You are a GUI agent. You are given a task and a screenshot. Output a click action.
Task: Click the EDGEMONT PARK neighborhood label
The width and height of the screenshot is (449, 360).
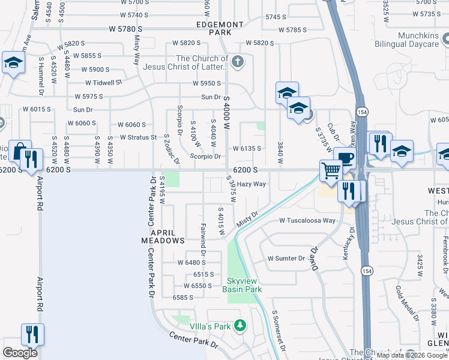click(220, 28)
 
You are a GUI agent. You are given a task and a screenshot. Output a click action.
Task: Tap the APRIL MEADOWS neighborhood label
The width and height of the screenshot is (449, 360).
click(163, 236)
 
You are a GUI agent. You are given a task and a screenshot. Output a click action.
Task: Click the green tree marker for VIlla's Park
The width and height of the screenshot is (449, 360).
click(240, 326)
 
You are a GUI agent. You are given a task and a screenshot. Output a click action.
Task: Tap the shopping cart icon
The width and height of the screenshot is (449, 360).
click(331, 170)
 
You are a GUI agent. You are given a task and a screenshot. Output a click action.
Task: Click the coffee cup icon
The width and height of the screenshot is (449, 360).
click(345, 158)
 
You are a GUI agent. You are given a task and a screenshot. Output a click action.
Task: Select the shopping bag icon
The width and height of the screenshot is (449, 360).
click(20, 151)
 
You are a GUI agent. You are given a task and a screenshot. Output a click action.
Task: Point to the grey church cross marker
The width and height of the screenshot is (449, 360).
click(238, 61)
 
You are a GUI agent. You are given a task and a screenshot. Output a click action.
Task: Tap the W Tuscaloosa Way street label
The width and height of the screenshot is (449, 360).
click(307, 220)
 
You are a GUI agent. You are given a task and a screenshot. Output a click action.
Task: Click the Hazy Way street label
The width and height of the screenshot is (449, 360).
click(252, 184)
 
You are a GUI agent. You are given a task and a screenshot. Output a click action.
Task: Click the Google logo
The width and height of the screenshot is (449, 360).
click(20, 353)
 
